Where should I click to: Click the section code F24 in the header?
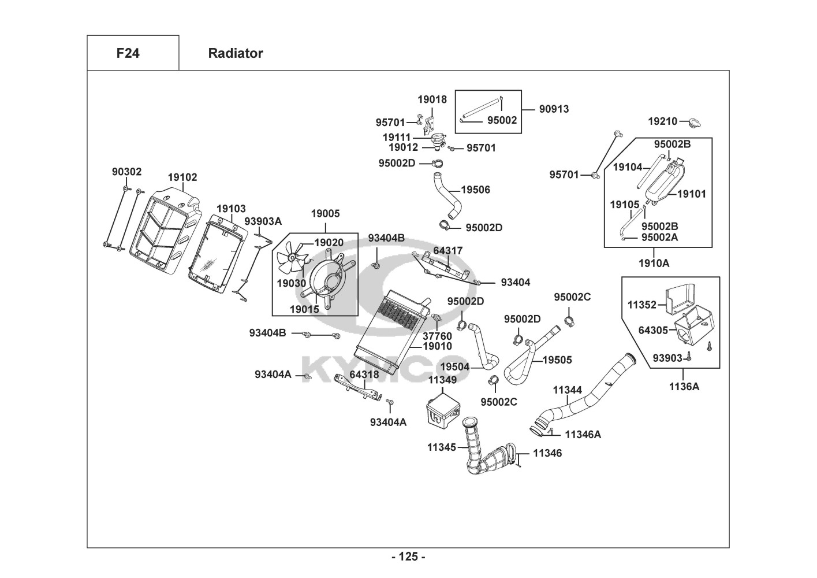pyautogui.click(x=128, y=53)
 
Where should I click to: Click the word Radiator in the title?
pyautogui.click(x=235, y=53)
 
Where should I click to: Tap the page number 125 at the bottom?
pyautogui.click(x=408, y=557)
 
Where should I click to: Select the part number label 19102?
pyautogui.click(x=182, y=177)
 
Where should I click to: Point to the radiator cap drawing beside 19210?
pyautogui.click(x=694, y=123)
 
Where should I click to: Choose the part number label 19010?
pyautogui.click(x=438, y=346)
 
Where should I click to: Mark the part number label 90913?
pyautogui.click(x=554, y=109)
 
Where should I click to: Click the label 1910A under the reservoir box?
pyautogui.click(x=654, y=263)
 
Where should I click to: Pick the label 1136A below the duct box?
pyautogui.click(x=684, y=386)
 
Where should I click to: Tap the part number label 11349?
pyautogui.click(x=442, y=380)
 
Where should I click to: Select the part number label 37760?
pyautogui.click(x=438, y=335)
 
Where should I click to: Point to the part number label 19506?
pyautogui.click(x=476, y=190)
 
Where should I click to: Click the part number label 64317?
pyautogui.click(x=447, y=251)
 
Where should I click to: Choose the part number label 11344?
pyautogui.click(x=568, y=390)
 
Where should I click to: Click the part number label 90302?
pyautogui.click(x=126, y=172)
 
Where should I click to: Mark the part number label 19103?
pyautogui.click(x=231, y=208)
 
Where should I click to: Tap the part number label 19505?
pyautogui.click(x=557, y=360)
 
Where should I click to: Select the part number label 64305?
pyautogui.click(x=653, y=330)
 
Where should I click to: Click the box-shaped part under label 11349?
pyautogui.click(x=443, y=409)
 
